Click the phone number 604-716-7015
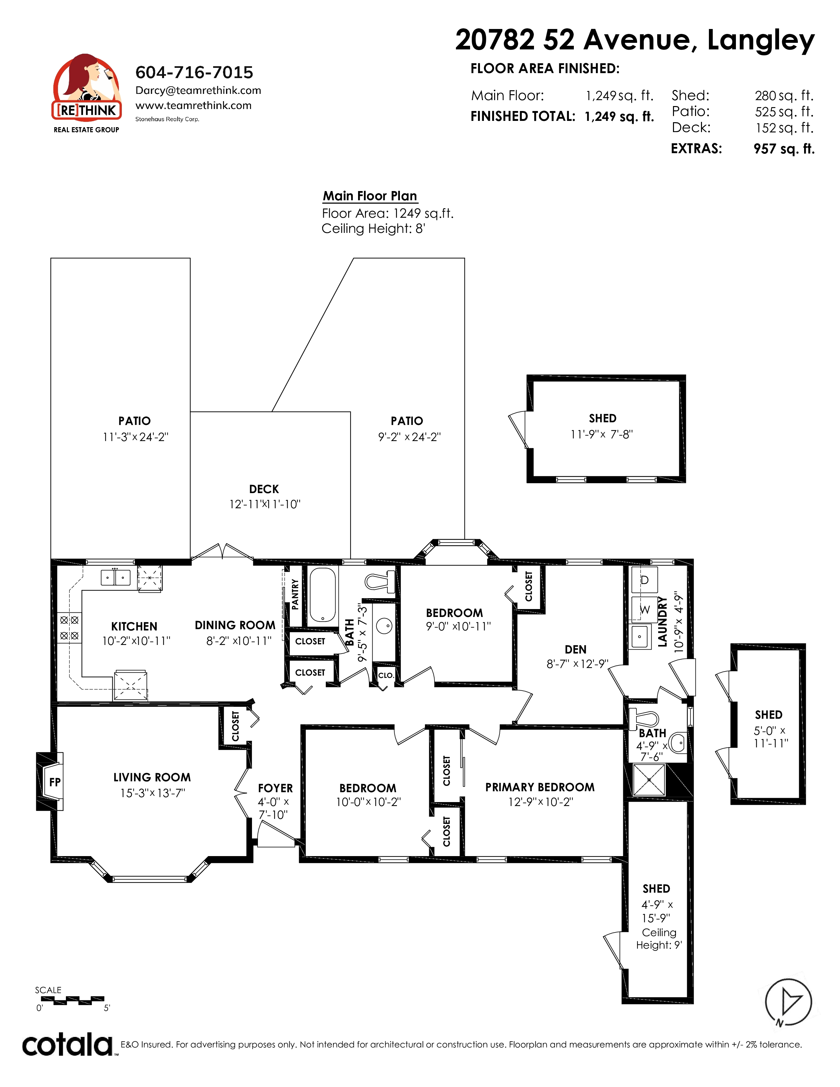[194, 73]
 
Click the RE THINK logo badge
[87, 93]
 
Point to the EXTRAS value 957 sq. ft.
[784, 149]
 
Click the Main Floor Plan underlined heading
[370, 196]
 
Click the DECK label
[264, 489]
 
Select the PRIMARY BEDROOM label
[540, 787]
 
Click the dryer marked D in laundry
[644, 580]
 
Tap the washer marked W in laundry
[644, 609]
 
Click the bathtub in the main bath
[323, 595]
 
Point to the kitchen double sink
[115, 577]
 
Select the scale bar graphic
[72, 1000]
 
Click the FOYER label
[275, 788]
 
